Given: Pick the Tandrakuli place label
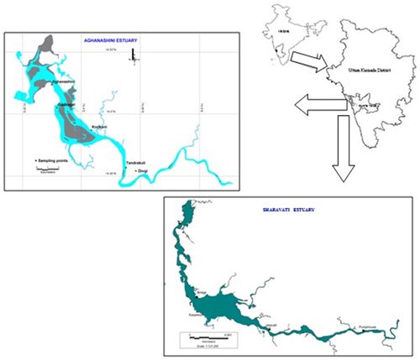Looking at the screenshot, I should point(113,163).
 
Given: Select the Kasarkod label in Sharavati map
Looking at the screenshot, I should point(189,311).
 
